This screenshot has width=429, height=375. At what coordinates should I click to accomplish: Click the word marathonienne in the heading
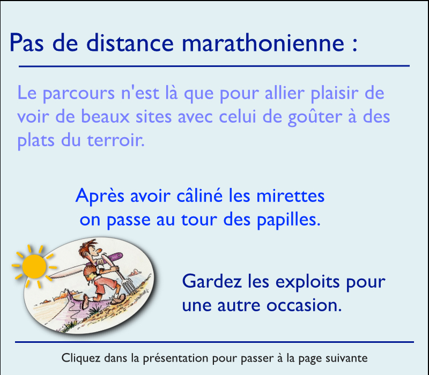[x=263, y=42]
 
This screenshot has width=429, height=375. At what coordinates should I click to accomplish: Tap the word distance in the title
[x=130, y=42]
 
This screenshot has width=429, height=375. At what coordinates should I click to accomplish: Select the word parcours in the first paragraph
[x=78, y=94]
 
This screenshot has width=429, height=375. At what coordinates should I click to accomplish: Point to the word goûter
[x=315, y=117]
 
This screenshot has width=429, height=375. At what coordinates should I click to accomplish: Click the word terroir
[x=116, y=140]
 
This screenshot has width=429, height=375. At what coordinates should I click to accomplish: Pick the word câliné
[x=199, y=196]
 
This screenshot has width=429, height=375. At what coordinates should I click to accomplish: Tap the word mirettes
[x=290, y=196]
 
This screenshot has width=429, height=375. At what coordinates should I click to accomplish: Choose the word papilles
[x=289, y=220]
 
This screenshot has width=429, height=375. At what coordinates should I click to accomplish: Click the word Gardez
[x=212, y=282]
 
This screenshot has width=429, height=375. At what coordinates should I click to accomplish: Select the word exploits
[x=307, y=282]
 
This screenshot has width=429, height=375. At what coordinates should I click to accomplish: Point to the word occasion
[x=304, y=305]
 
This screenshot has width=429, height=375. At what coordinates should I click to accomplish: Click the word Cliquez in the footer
[x=81, y=358]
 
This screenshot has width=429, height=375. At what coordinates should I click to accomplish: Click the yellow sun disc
[x=34, y=266]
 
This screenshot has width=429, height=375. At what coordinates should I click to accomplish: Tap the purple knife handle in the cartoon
[x=114, y=257]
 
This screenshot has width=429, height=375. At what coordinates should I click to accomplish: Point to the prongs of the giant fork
[x=129, y=285]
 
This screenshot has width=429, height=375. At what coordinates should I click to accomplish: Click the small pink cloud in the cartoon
[x=135, y=272]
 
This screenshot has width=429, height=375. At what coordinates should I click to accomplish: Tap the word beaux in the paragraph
[x=105, y=117]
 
